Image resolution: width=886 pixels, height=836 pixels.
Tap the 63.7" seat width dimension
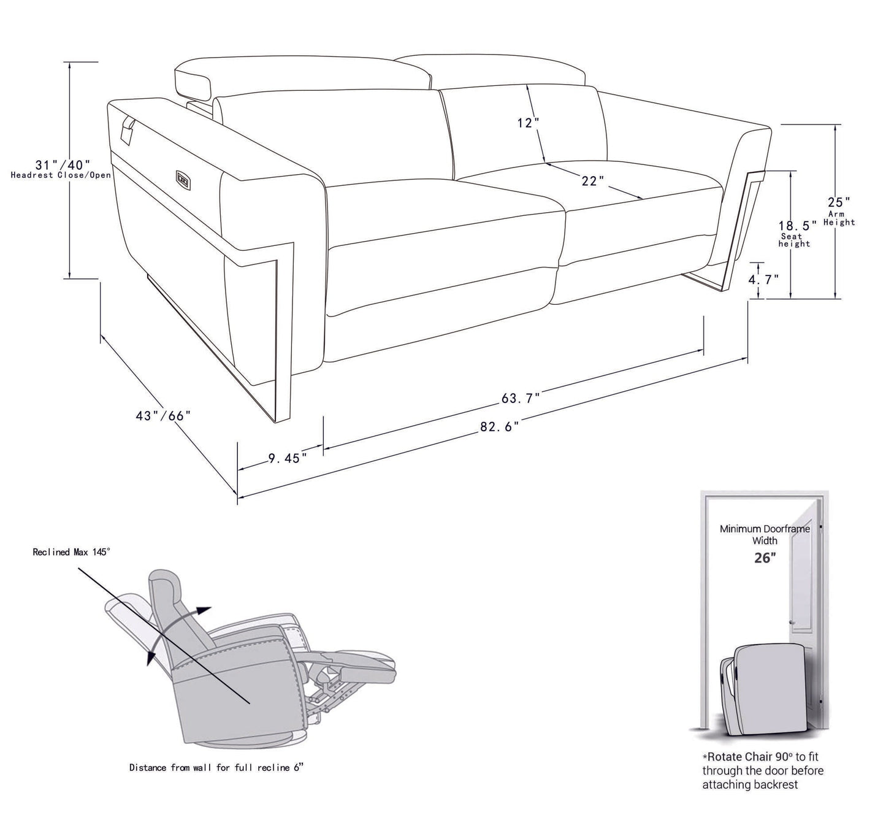point(521,398)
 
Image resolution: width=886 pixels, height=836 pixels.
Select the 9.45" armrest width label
point(287,458)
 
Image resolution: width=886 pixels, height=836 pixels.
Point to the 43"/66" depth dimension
point(163,415)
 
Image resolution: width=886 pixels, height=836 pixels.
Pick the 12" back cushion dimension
point(527,123)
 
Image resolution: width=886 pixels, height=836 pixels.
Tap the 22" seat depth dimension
point(593,181)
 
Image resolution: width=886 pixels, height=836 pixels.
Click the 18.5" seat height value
point(797,225)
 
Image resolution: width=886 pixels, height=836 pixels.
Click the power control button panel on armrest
point(183,178)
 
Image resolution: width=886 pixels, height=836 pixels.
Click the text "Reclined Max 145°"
point(71,552)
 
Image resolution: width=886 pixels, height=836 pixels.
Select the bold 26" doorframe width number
point(765,558)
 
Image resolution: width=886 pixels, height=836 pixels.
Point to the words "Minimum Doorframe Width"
point(765,534)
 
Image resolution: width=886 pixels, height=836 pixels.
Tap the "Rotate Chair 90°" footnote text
point(762,771)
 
